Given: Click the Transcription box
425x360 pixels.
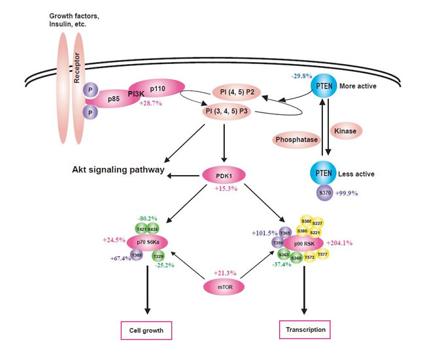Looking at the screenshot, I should click(305, 329).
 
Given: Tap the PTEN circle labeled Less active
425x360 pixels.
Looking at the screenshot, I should click(325, 174).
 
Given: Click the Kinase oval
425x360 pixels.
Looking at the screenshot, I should click(345, 131).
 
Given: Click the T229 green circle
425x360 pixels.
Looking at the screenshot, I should click(158, 256).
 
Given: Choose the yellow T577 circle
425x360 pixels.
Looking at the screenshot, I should click(322, 255).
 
